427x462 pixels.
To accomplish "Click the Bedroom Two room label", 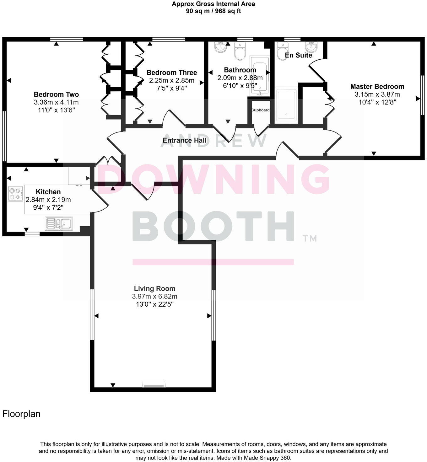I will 56,94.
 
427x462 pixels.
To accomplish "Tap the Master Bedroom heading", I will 377,87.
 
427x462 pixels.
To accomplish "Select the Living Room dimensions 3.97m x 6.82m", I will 154,296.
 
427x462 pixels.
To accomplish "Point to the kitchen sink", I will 59,223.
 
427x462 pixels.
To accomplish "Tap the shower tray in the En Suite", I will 286,105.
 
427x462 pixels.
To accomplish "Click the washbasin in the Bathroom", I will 221,48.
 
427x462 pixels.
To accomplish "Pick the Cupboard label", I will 260,110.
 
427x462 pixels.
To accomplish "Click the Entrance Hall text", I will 185,140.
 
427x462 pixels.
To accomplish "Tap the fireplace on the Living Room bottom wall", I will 154,384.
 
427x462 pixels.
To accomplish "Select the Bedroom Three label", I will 172,73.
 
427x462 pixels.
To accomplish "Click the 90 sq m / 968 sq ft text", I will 213,11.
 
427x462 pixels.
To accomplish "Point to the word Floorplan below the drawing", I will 21,414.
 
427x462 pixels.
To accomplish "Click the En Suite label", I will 298,55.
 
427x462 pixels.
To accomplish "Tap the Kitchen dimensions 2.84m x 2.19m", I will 48,200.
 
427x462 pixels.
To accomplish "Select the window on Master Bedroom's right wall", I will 422,95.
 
